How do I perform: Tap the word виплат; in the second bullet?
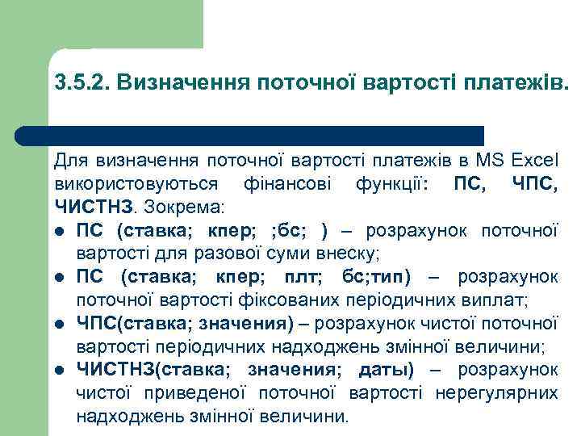point(499,301)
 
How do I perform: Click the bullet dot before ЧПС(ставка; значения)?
point(61,325)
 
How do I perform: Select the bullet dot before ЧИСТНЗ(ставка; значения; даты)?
point(61,371)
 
